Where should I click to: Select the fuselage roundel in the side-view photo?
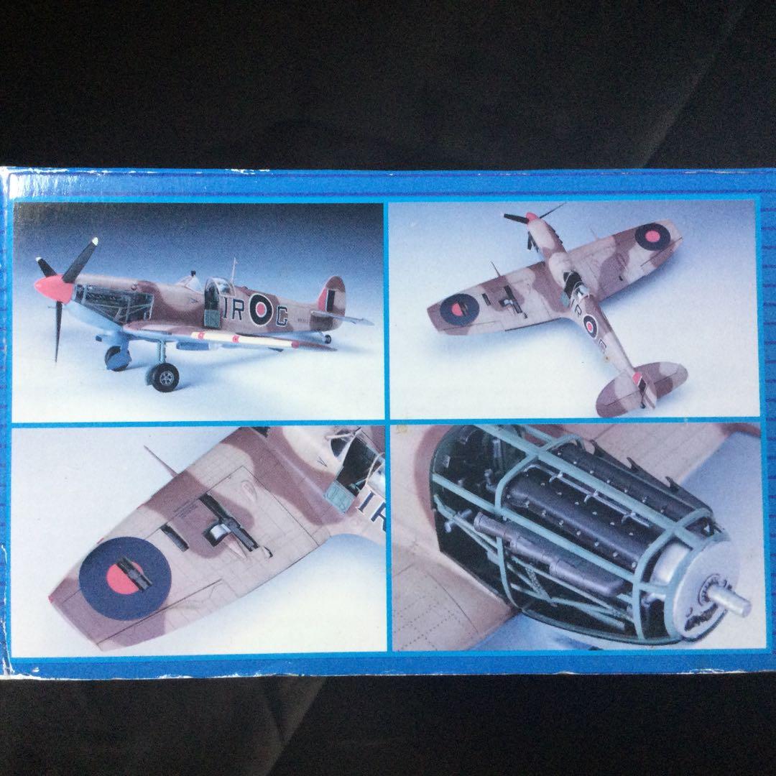(259, 310)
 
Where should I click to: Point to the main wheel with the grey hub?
(166, 376)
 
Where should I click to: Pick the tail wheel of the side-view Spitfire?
(327, 338)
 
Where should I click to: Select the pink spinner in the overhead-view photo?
(531, 216)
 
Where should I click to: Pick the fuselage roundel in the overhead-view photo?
(590, 326)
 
